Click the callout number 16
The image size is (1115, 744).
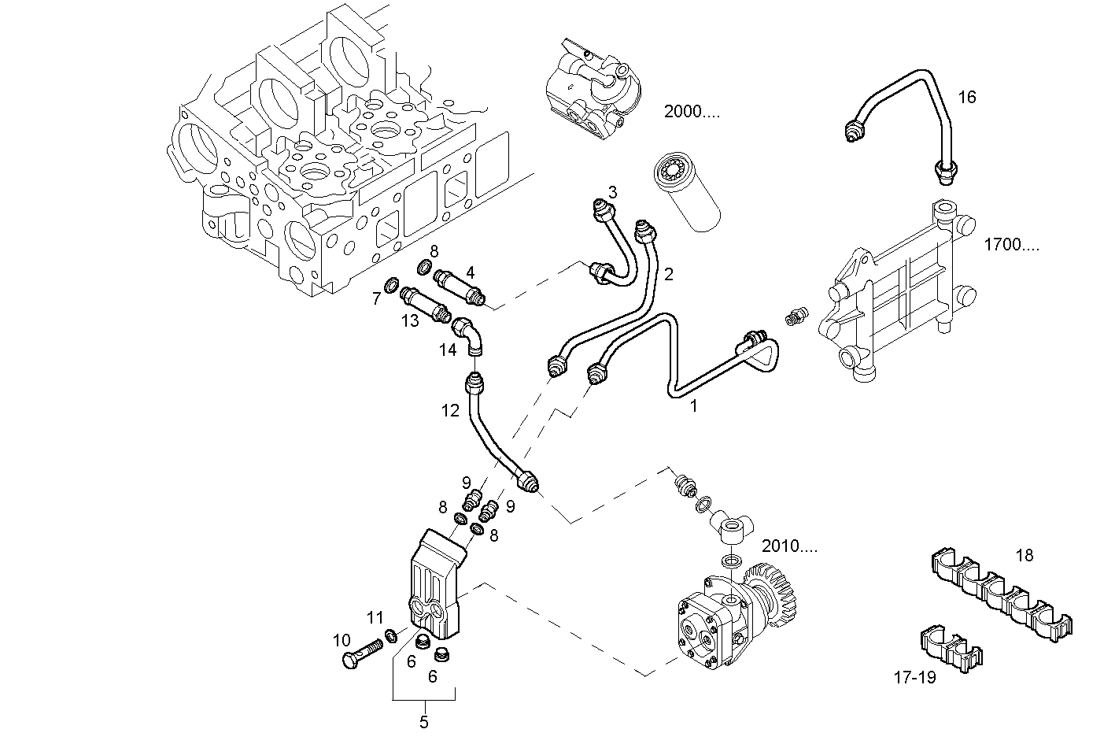coord(966,97)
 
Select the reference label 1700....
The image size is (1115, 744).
coord(1010,244)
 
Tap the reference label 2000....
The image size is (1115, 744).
coord(692,111)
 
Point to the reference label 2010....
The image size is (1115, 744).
coord(789,546)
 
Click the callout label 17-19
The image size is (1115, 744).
coord(915,676)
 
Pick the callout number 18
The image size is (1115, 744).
coord(1024,555)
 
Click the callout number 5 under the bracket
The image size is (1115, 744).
coord(423,722)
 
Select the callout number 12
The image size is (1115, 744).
coord(449,410)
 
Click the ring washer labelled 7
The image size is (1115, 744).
coord(391,283)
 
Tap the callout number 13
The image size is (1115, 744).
coord(409,320)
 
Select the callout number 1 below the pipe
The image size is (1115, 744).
coord(693,406)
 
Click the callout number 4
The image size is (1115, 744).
coord(470,272)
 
